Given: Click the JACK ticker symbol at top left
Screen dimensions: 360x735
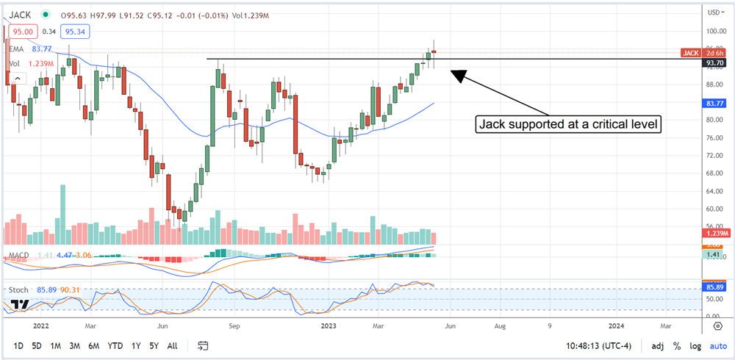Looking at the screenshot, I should coord(20,13).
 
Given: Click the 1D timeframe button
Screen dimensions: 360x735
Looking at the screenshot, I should coord(19,345).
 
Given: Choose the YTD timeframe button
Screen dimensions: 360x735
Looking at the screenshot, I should coord(115,345).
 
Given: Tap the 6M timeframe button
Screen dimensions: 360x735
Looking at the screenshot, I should coord(93,345).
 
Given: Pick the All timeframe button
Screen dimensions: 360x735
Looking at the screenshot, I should coord(172,345).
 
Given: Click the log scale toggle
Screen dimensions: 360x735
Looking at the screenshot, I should coord(695,345).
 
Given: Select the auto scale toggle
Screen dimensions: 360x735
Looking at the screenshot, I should coord(718,345).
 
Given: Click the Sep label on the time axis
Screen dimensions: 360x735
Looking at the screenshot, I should coord(234,323).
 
